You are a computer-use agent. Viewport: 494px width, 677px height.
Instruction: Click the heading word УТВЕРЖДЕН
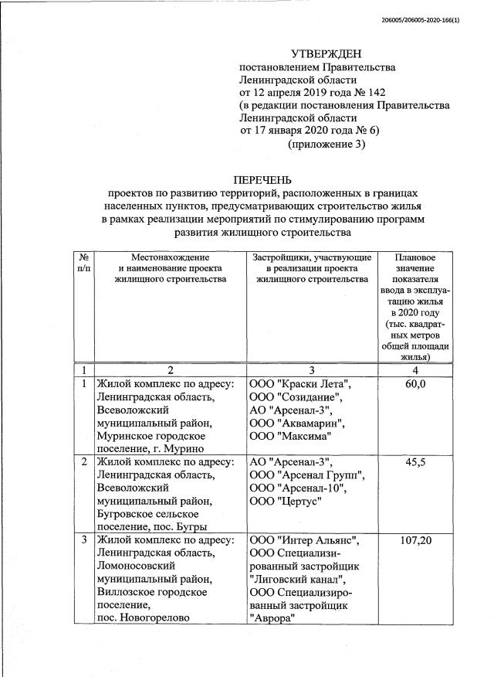click(x=326, y=53)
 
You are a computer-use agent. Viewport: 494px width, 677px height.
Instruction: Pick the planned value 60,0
click(x=415, y=385)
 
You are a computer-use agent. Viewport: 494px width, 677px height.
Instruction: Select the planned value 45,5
click(x=415, y=462)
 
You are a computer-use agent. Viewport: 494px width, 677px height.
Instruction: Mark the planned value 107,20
click(x=415, y=539)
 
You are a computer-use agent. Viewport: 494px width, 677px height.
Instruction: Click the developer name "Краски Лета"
click(x=316, y=385)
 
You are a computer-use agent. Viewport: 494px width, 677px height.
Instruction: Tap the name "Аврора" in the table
click(x=272, y=617)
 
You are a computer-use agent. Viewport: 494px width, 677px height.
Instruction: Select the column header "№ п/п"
click(x=83, y=263)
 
